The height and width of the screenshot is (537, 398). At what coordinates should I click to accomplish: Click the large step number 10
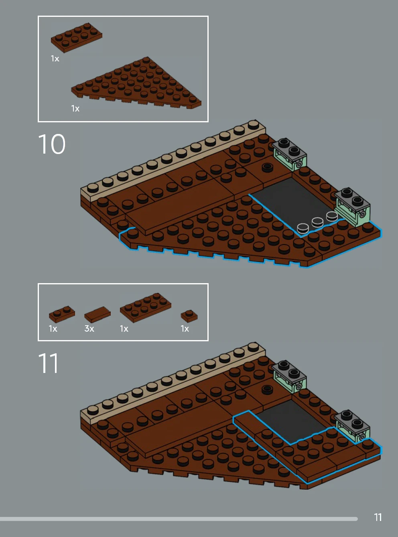(52, 144)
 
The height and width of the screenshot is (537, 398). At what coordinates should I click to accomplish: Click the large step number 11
(48, 363)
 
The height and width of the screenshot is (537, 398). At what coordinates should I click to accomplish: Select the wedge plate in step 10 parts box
(136, 83)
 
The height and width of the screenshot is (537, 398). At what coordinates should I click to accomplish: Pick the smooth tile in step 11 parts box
(97, 314)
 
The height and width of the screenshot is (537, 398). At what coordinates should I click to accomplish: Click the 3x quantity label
(89, 328)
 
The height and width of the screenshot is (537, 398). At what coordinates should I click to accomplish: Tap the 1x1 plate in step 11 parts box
(189, 316)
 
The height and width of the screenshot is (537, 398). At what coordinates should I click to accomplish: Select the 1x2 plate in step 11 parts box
(62, 314)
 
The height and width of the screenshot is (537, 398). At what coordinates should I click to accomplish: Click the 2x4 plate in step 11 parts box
(145, 308)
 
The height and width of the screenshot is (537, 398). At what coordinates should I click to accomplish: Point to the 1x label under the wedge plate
(75, 108)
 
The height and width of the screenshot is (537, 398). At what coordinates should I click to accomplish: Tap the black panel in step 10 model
(291, 203)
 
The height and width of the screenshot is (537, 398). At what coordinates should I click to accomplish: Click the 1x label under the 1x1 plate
(185, 328)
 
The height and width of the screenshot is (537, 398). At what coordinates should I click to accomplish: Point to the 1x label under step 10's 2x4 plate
(55, 58)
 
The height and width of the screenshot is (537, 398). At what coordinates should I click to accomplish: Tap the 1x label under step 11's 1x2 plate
(53, 328)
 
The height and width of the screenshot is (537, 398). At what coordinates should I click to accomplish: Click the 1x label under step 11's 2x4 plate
(124, 328)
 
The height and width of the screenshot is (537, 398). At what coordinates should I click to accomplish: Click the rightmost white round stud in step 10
(332, 216)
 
